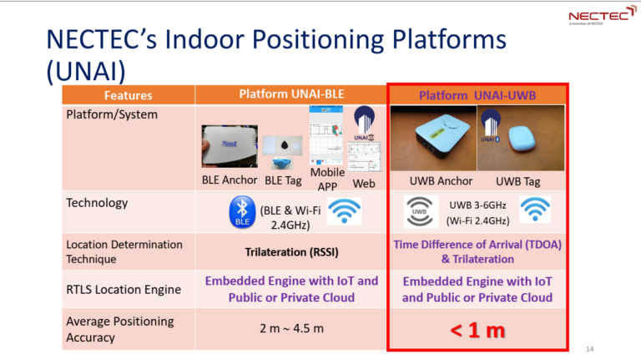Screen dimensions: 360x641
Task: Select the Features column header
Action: point(127,95)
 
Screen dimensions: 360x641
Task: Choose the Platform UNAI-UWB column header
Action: point(477,95)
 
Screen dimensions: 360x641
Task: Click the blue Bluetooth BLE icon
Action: point(242,213)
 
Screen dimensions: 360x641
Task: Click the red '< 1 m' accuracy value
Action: point(477,329)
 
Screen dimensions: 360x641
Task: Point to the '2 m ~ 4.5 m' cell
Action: point(289,328)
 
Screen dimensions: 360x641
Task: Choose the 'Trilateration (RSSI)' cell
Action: point(289,251)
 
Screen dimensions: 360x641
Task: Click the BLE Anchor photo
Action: point(229,147)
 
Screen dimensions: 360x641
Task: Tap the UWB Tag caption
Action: point(518,180)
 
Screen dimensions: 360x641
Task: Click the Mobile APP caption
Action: point(328,179)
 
